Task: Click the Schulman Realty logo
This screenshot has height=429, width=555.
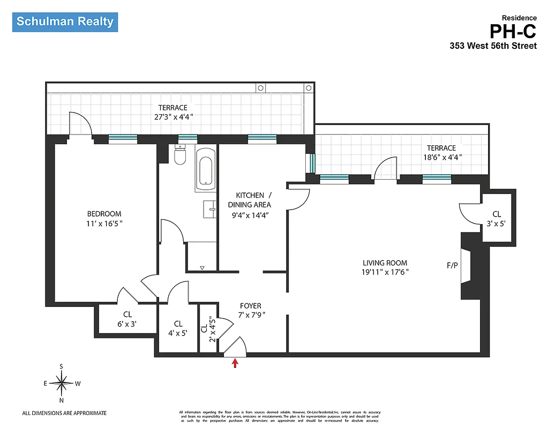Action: [x=65, y=22]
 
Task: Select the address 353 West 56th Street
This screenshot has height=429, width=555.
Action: [x=493, y=46]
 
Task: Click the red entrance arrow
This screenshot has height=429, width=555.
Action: [x=235, y=364]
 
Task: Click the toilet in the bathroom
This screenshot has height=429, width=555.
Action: [x=180, y=156]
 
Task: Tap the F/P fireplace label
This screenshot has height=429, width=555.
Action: [x=452, y=265]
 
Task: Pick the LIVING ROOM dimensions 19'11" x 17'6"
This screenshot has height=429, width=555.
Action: [x=385, y=272]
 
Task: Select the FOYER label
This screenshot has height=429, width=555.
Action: [x=250, y=306]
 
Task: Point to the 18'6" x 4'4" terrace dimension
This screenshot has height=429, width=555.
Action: [x=441, y=157]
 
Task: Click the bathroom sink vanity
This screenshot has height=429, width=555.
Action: [x=209, y=209]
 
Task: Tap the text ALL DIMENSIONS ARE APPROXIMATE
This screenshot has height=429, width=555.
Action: [x=64, y=413]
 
